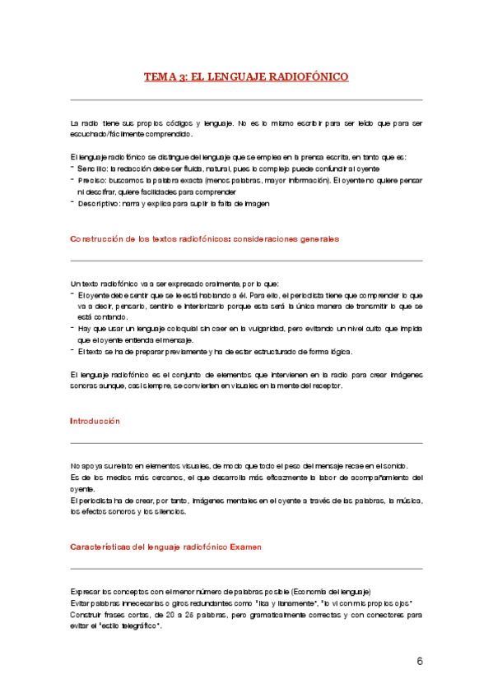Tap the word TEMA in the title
(159, 76)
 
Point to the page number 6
(419, 662)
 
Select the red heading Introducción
(95, 421)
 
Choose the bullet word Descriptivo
(99, 203)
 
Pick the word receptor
(334, 385)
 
